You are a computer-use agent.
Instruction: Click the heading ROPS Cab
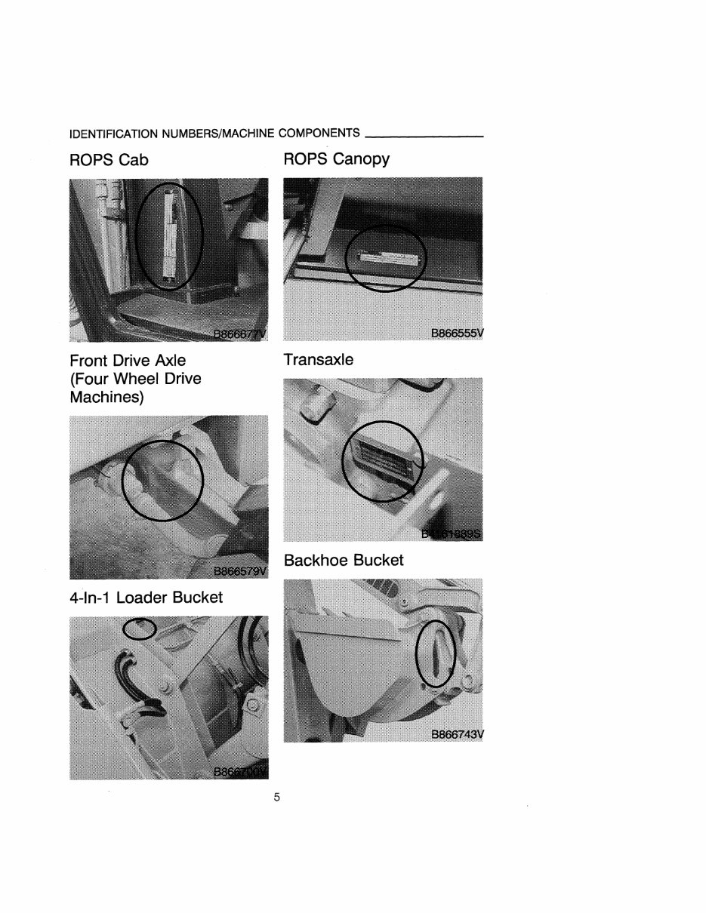click(109, 160)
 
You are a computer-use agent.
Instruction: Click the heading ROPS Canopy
click(336, 158)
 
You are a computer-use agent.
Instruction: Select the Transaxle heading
click(318, 360)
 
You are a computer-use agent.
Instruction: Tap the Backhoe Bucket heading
click(344, 560)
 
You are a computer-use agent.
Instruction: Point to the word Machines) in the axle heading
click(106, 396)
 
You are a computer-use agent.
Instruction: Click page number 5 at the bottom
click(277, 798)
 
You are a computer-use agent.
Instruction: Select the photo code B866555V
click(456, 332)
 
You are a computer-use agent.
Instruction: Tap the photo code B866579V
click(240, 570)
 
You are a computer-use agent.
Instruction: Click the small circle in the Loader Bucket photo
click(140, 628)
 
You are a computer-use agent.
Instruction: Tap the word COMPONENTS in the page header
click(319, 134)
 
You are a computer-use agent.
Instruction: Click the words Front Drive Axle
click(127, 360)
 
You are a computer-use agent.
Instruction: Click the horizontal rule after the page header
click(424, 137)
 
